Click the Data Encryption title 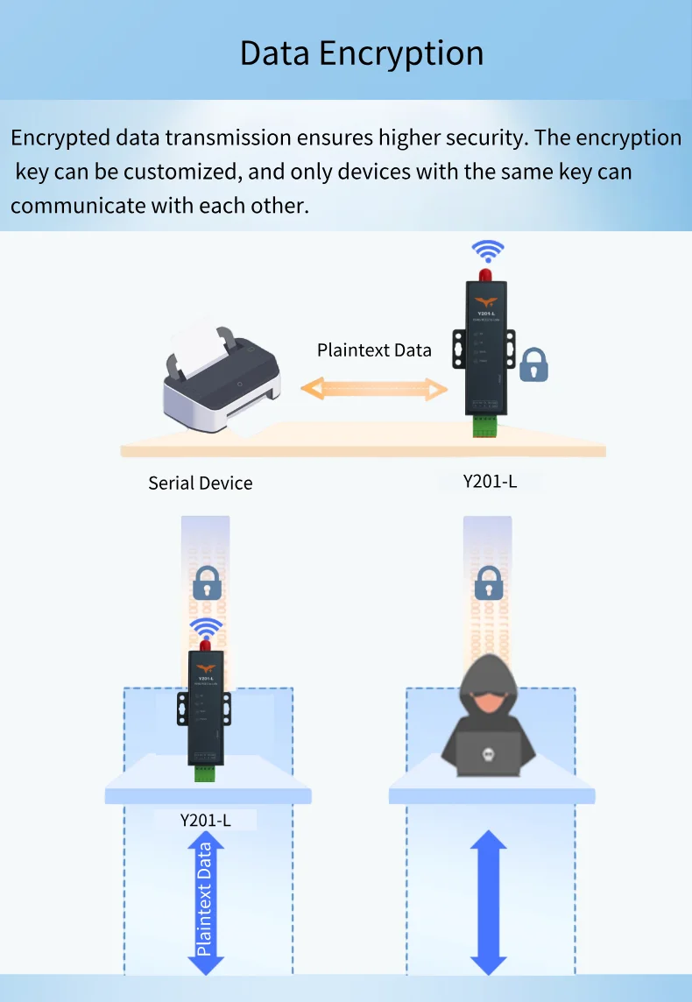coord(362,53)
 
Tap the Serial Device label coord(200,483)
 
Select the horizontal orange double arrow coord(374,388)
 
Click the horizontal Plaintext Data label coord(374,350)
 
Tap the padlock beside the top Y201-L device coord(533,364)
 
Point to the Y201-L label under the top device coord(490,481)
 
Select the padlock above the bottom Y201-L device coord(207,582)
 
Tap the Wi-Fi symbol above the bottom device coord(207,630)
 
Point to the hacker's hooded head coord(488,701)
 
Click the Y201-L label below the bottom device coord(206,821)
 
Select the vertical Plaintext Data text coord(205,899)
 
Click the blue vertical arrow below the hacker coord(488,902)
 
